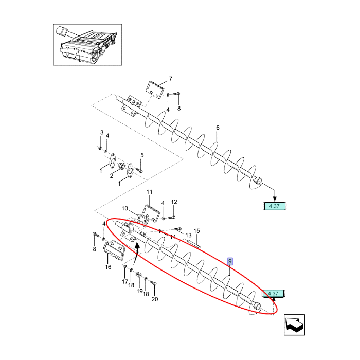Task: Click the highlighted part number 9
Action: [230, 262]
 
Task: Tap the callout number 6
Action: [218, 128]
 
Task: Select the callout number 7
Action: [171, 79]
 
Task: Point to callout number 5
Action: [142, 155]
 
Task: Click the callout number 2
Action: [111, 176]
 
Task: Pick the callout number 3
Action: [102, 133]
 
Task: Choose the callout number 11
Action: [150, 192]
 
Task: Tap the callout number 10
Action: [124, 208]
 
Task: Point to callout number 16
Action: [108, 267]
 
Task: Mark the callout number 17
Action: [124, 282]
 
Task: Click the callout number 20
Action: [155, 299]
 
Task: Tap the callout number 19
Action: [139, 291]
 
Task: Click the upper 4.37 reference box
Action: [274, 206]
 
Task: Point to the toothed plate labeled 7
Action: [155, 87]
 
